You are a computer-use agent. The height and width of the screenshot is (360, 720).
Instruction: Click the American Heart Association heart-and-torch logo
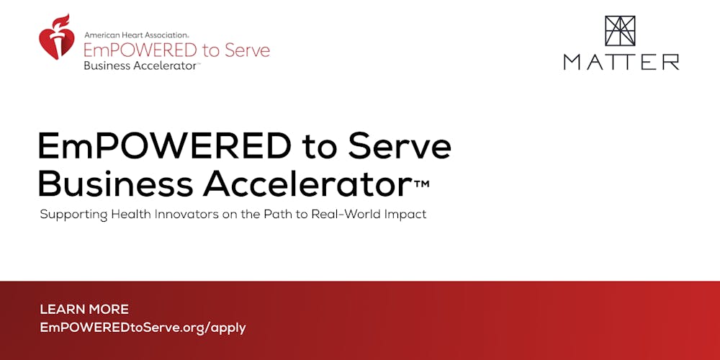(x=55, y=37)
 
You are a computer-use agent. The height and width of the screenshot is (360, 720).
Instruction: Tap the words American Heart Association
(x=137, y=35)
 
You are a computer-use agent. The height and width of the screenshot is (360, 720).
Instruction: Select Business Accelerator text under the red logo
(x=140, y=66)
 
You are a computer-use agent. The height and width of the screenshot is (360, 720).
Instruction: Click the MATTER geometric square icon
(x=620, y=32)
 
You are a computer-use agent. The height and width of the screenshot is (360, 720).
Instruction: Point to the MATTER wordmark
(x=621, y=62)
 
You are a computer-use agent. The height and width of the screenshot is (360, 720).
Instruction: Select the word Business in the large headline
(x=115, y=184)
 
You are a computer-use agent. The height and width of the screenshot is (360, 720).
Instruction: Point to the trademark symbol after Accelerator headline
(x=422, y=184)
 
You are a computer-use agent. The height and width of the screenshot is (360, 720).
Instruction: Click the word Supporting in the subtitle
(x=73, y=215)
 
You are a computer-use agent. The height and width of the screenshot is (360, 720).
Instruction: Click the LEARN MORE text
(x=84, y=310)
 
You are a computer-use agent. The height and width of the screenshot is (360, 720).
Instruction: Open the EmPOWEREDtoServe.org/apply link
(x=143, y=328)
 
